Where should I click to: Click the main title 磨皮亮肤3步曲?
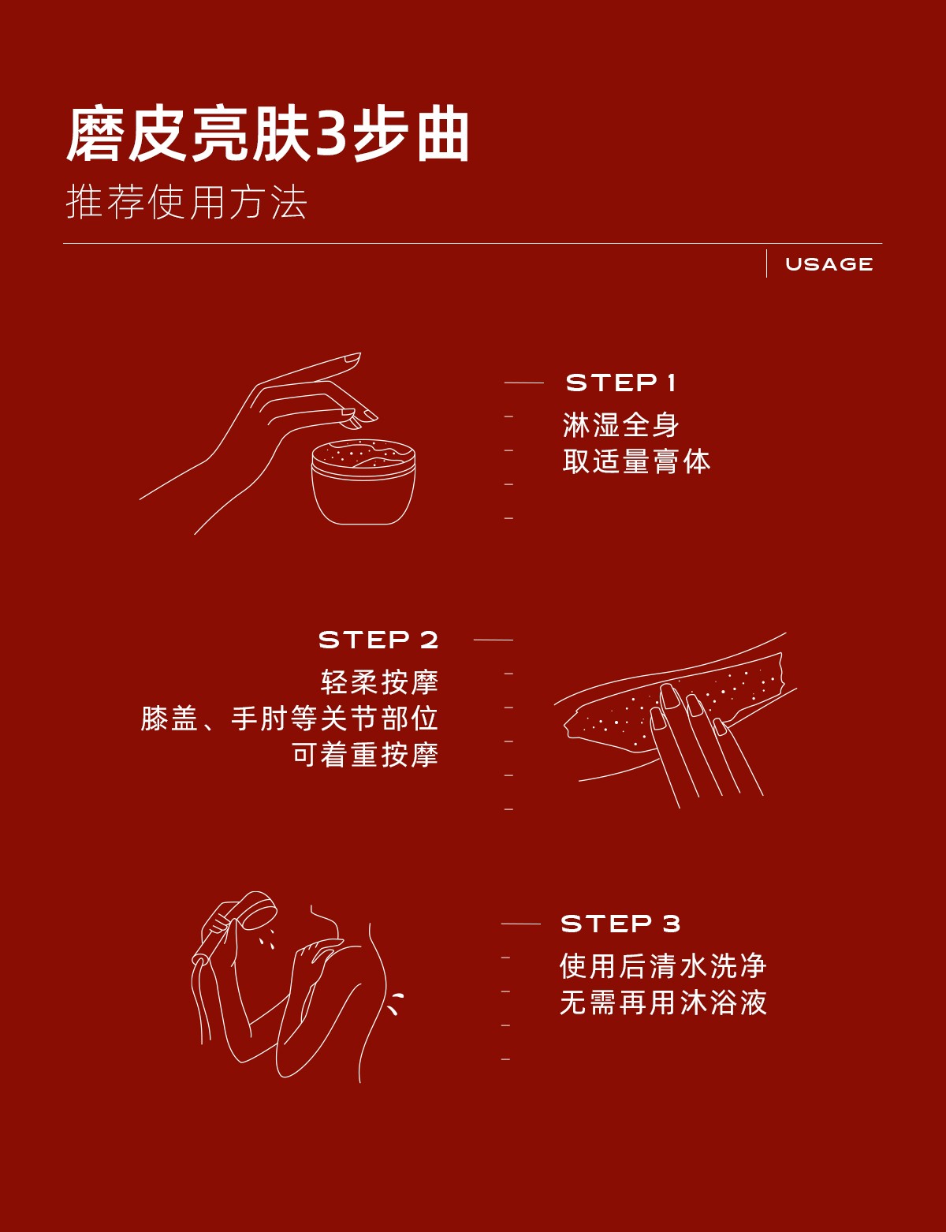click(268, 134)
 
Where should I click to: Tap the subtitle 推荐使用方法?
click(187, 202)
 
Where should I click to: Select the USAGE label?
click(829, 264)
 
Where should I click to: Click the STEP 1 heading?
click(620, 383)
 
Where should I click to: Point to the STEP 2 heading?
click(378, 640)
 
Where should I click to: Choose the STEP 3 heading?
click(620, 924)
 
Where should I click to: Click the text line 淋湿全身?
click(620, 425)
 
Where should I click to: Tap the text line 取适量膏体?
click(636, 461)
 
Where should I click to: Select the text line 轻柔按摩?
click(379, 682)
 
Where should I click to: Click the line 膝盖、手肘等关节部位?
click(289, 719)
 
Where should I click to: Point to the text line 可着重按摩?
click(365, 755)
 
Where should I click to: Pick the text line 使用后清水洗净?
click(663, 966)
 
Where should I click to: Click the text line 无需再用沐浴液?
click(663, 1002)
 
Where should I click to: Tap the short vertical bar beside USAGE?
click(766, 263)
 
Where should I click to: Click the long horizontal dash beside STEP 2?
click(493, 640)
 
